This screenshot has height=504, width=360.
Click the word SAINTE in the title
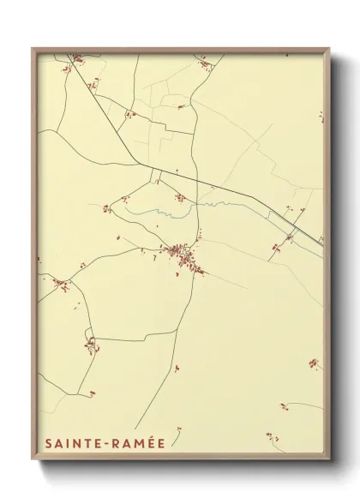69,444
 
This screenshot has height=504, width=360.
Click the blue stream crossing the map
163,209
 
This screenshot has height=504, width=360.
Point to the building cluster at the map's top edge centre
204,63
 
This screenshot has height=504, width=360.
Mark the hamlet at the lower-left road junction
90,345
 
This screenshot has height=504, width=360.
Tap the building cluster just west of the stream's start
107,208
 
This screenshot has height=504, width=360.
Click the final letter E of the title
160,444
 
